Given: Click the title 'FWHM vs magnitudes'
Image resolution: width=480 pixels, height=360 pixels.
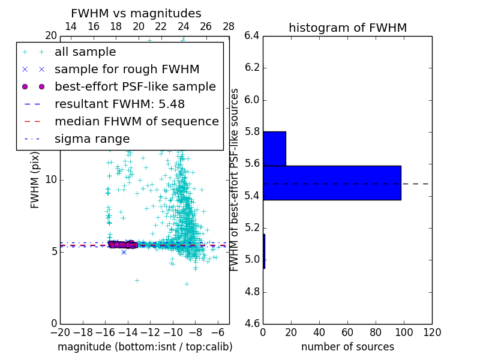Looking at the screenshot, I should click(136, 13).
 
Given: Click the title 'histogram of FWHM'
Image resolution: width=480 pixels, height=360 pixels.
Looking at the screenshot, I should click(347, 28).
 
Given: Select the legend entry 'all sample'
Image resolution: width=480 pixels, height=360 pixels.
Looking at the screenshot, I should click(85, 52).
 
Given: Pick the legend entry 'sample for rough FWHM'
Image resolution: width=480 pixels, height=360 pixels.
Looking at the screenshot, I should click(127, 70).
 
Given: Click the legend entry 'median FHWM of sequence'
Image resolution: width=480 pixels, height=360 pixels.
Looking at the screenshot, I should click(136, 122).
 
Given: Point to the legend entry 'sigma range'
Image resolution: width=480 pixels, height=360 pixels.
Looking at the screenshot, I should click(92, 139).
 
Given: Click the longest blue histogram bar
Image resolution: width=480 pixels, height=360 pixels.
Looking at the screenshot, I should click(332, 182).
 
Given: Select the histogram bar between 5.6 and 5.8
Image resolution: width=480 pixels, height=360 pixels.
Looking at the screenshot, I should click(274, 148).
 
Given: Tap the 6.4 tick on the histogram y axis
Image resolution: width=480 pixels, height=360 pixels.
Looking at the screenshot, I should click(252, 35).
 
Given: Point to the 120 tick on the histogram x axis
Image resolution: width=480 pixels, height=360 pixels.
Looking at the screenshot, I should click(432, 332).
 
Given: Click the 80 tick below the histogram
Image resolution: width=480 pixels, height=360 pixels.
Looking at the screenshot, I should click(376, 332).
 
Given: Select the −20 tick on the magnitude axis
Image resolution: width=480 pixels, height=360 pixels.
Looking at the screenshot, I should click(60, 332).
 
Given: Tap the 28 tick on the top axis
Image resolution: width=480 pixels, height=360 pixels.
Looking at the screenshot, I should click(229, 26).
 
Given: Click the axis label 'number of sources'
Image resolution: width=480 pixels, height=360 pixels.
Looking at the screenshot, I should click(347, 347).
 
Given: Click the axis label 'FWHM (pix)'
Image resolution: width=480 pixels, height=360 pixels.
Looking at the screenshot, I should click(35, 179).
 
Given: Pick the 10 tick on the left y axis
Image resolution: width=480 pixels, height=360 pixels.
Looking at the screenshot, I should click(51, 180).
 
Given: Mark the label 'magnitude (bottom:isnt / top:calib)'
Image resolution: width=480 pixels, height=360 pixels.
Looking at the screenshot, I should click(145, 347).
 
